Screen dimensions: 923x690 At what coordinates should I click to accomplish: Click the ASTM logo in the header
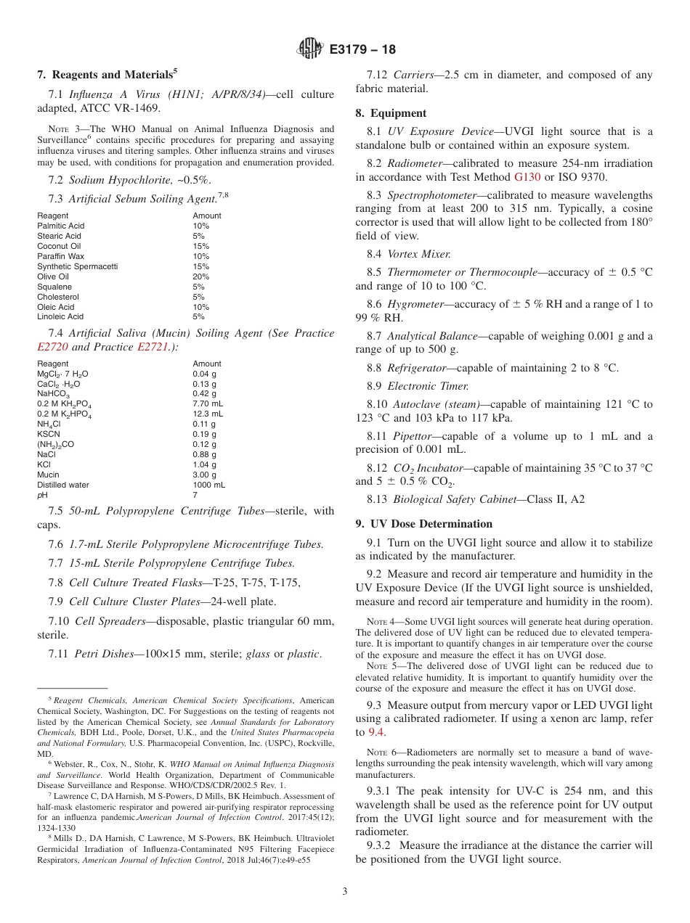click(310, 49)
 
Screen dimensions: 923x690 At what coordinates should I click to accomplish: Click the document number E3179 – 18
click(362, 50)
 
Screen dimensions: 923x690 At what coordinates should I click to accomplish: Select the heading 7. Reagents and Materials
click(107, 75)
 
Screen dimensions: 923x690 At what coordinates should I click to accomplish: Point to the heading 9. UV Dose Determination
click(423, 524)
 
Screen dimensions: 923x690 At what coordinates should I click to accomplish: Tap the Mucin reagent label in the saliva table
click(48, 475)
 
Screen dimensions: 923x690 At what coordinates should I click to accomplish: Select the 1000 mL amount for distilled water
click(208, 485)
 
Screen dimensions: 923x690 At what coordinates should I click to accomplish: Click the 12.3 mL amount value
click(208, 414)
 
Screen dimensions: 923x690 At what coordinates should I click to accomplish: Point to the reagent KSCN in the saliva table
click(48, 434)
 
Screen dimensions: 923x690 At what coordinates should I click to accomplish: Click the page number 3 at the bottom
click(344, 892)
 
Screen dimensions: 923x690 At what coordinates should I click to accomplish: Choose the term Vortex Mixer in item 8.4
click(418, 254)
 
